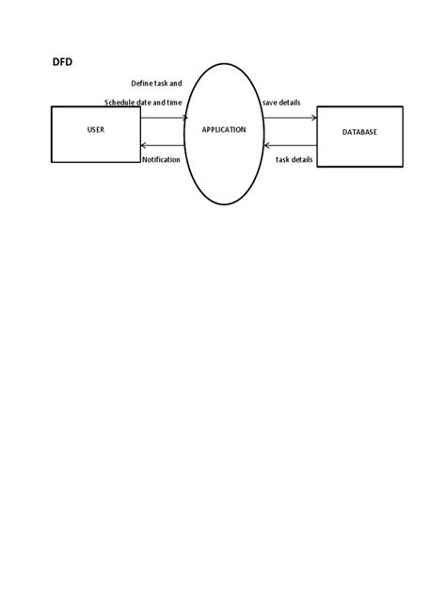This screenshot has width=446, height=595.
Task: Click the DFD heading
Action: (62, 62)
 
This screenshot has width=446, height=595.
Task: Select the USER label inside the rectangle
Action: (96, 130)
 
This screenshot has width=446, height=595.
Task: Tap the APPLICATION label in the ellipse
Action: (224, 130)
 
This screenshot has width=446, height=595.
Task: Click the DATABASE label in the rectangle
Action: (359, 132)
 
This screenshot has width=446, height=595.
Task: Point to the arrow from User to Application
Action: (164, 118)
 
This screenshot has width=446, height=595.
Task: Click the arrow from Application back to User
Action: (163, 145)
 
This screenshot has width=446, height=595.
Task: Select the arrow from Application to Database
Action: (290, 118)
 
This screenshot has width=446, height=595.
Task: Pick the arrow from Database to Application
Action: (291, 145)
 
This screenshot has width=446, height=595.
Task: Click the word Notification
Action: (161, 160)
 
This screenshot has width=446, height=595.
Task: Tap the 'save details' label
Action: (281, 103)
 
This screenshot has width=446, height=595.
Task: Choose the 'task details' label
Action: (294, 160)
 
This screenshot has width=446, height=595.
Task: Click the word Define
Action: (142, 83)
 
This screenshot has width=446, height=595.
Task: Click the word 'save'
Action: (270, 103)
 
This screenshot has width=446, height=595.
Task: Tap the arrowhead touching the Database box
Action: (314, 118)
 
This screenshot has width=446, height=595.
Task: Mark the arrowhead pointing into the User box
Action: (143, 145)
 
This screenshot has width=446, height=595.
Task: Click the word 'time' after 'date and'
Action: (174, 103)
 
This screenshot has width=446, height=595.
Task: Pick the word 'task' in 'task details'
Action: (282, 160)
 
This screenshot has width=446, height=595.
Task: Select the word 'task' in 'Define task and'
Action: (161, 83)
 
